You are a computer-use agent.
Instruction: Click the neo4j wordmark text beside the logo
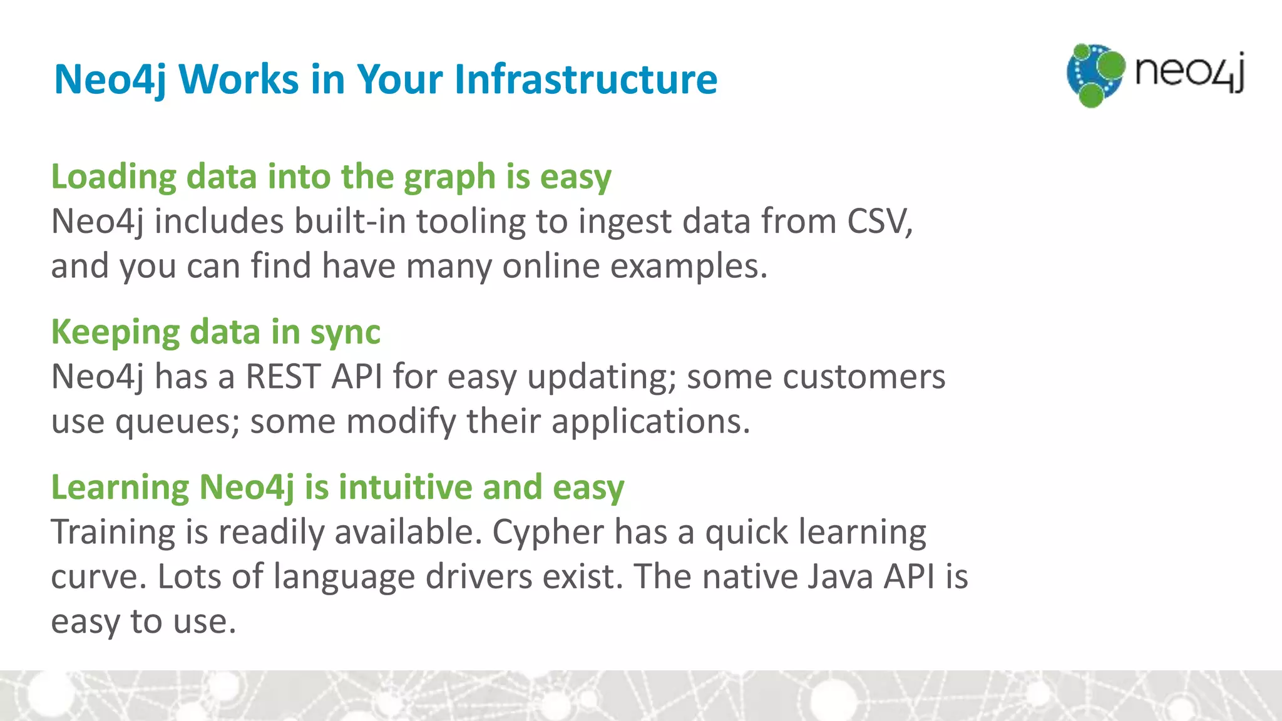point(1189,72)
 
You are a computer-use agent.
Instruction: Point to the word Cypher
point(548,533)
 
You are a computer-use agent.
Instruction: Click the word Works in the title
point(238,79)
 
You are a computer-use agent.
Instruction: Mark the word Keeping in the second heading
point(115,333)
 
